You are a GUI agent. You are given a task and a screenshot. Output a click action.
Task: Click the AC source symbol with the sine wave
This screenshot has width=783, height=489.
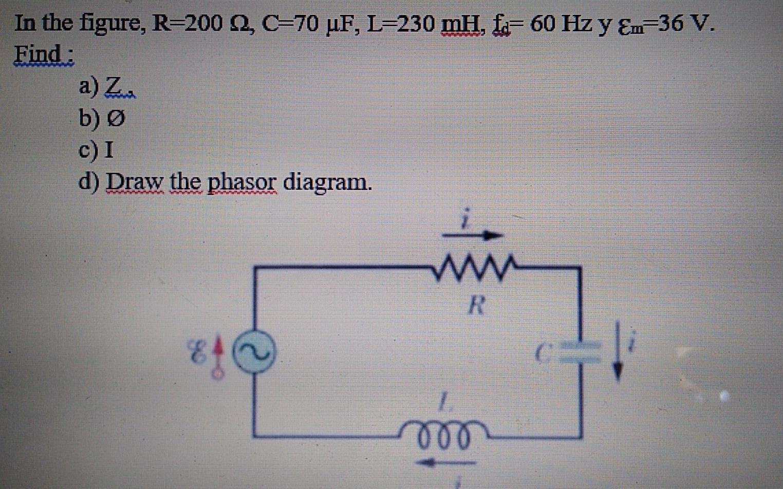pyautogui.click(x=254, y=351)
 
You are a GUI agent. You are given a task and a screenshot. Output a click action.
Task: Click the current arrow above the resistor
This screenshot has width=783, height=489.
pyautogui.click(x=473, y=235)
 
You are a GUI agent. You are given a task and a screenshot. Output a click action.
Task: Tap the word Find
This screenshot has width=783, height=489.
pyautogui.click(x=43, y=53)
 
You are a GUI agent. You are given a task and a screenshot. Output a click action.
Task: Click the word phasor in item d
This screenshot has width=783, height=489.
pyautogui.click(x=241, y=182)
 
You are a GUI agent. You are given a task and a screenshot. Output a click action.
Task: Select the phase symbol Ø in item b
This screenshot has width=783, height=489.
pyautogui.click(x=116, y=119)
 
